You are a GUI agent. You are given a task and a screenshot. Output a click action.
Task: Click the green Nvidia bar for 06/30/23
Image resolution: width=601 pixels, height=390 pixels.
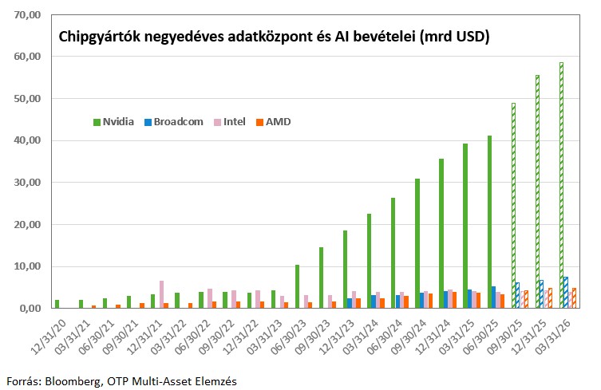[x=297, y=286]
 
